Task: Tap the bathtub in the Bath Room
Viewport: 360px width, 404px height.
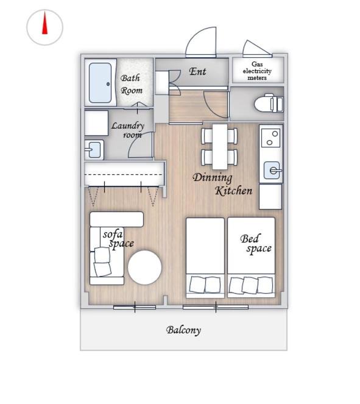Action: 100,83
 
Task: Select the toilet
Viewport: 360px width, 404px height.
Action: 269,103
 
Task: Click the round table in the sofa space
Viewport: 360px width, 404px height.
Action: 145,268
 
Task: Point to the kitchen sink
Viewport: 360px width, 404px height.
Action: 272,170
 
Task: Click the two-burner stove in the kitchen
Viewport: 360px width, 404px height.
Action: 271,138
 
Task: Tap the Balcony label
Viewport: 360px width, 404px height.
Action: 183,330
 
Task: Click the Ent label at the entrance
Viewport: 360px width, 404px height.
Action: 197,71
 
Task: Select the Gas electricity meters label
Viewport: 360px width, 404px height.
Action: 257,71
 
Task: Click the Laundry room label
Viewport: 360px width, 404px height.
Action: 128,130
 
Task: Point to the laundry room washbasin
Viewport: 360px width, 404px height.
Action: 94,150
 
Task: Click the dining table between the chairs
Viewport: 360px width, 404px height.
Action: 220,146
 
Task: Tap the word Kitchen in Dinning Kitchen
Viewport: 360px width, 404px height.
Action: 233,191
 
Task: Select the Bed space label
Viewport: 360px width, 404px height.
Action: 256,243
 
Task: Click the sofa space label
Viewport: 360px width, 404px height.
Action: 118,239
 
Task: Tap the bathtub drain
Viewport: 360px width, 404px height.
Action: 108,84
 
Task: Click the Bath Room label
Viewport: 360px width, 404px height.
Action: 132,84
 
